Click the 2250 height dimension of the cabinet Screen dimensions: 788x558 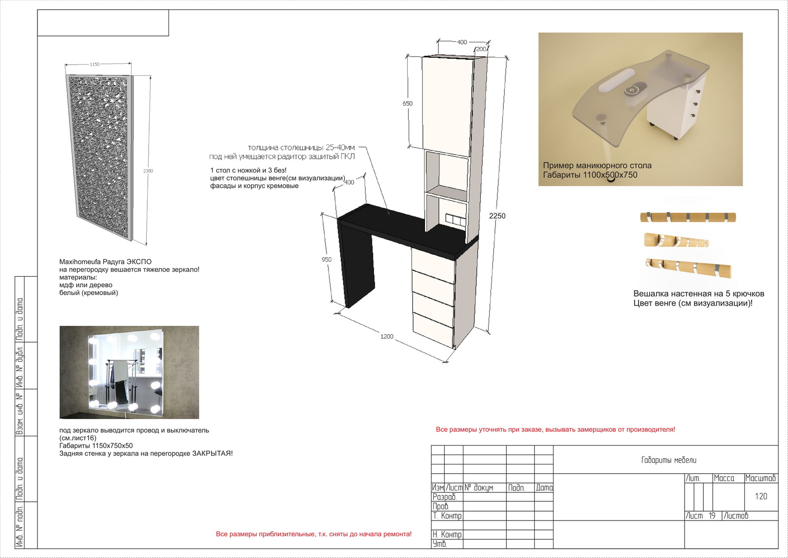[497, 216]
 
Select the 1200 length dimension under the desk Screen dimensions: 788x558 [387, 337]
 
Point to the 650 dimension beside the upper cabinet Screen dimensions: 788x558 [407, 104]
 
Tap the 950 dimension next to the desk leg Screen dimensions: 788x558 [327, 259]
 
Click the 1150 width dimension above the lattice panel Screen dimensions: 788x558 [95, 65]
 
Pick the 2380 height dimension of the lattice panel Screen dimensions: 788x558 [148, 171]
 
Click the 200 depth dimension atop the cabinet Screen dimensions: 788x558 [481, 49]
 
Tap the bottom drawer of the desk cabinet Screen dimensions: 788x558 [433, 329]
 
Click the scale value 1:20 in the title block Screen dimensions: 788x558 [761, 496]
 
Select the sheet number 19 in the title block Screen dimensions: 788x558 [712, 516]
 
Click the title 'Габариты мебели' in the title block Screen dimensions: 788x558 [669, 460]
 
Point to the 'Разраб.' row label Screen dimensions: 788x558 [445, 497]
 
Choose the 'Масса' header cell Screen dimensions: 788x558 [724, 478]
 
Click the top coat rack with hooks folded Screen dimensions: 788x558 [688, 217]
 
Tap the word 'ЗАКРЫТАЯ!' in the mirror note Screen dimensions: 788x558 [212, 453]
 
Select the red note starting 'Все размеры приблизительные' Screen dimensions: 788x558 [313, 534]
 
